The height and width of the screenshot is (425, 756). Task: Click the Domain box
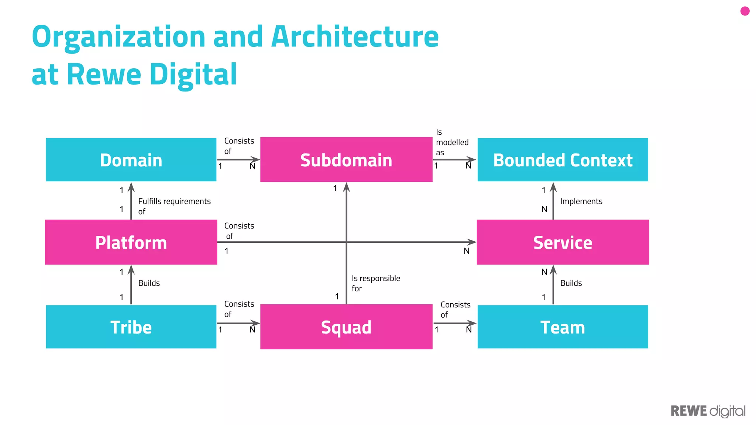[131, 160]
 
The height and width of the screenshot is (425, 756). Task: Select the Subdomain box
[346, 160]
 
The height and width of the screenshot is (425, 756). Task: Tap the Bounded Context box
[563, 160]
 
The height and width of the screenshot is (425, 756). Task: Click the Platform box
[131, 242]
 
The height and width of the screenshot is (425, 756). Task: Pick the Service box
[563, 242]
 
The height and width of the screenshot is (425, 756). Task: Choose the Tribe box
[131, 326]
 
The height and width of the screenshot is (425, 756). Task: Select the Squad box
[346, 326]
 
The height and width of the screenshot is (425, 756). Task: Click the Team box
[563, 326]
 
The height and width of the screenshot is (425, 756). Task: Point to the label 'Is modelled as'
[452, 142]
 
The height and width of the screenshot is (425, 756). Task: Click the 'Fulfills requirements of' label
[174, 206]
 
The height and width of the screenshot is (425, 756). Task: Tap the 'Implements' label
[581, 201]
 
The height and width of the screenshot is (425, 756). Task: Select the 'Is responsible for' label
[375, 283]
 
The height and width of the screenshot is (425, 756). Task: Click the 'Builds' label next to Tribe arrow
[149, 283]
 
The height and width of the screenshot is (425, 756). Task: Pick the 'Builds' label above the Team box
[571, 283]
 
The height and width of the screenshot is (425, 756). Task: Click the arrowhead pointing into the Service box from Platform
[471, 242]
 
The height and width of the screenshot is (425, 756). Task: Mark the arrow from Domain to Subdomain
[238, 160]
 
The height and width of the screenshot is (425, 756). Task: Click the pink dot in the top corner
[745, 11]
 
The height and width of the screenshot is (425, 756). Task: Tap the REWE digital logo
[708, 411]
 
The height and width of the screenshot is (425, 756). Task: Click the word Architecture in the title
[355, 37]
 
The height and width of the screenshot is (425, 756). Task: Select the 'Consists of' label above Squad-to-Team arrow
[455, 310]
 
